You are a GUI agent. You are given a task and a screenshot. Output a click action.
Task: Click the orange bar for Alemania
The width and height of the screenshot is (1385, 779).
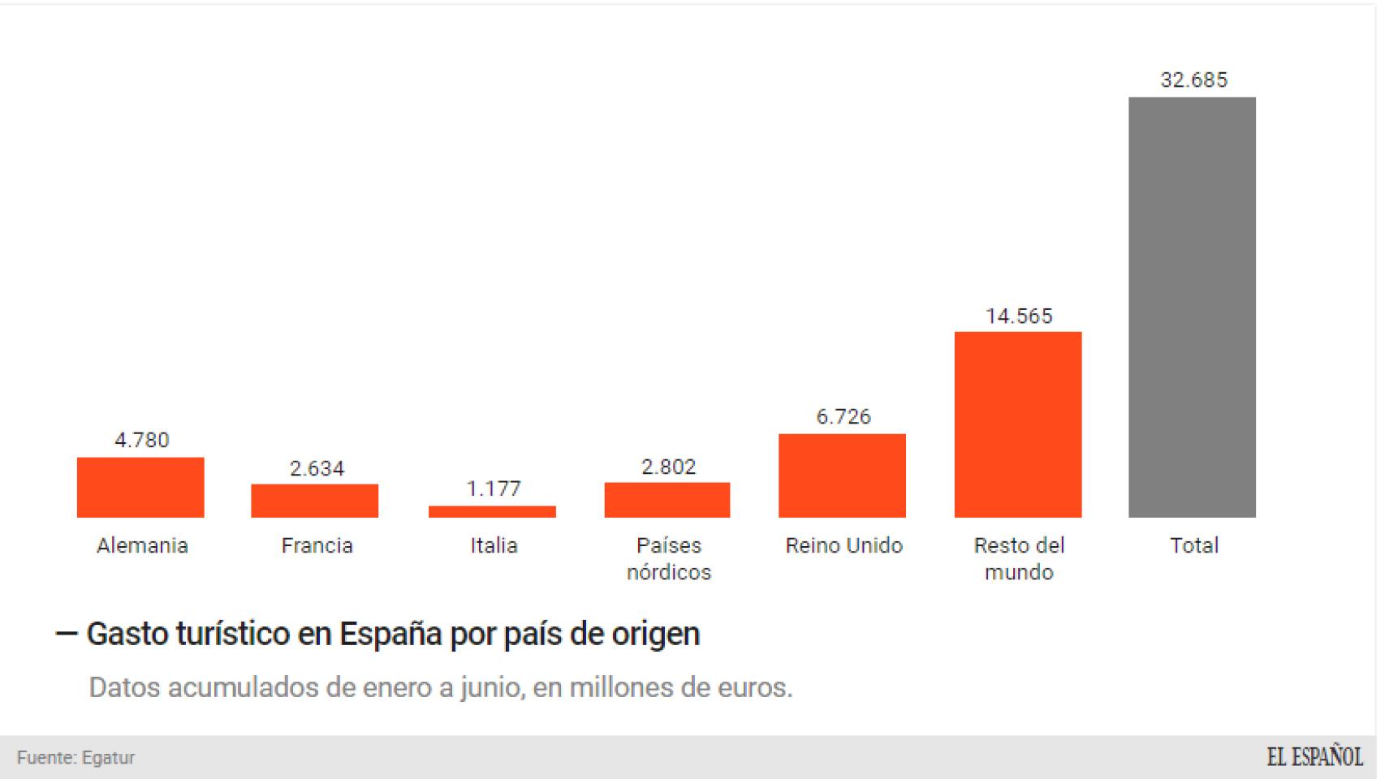point(140,487)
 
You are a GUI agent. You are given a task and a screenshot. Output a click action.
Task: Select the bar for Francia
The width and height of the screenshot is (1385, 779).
point(315,501)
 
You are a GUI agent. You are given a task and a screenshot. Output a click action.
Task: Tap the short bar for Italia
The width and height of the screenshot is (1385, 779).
point(492,512)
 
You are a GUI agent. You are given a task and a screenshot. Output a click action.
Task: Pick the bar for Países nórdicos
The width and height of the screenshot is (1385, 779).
point(667,500)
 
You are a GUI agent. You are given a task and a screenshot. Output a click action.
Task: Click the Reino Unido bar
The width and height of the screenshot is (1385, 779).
point(842,476)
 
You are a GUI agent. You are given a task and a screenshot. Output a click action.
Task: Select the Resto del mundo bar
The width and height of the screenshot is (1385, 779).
point(1018,424)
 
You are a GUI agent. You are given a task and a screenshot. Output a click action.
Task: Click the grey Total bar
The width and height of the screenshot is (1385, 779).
point(1192,307)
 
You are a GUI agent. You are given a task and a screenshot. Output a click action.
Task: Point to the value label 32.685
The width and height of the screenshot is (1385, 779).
point(1193,80)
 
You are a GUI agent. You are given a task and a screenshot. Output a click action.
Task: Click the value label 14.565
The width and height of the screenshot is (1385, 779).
point(1019,316)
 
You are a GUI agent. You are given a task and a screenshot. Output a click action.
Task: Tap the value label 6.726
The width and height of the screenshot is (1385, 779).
point(844,416)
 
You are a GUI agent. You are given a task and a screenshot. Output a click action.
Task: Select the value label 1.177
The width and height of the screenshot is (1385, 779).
point(493,488)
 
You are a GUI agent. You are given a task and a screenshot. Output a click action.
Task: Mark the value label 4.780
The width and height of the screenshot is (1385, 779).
point(141,440)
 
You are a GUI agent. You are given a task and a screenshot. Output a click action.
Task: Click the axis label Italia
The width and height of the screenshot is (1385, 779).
point(494,545)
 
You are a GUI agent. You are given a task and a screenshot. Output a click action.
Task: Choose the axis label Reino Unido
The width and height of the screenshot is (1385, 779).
point(844,545)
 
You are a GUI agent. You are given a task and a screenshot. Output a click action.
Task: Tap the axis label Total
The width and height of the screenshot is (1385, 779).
point(1193,545)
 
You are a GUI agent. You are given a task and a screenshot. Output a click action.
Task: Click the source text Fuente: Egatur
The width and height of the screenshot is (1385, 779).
point(76,757)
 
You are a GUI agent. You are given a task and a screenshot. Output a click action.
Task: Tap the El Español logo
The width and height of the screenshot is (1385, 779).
point(1314,757)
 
